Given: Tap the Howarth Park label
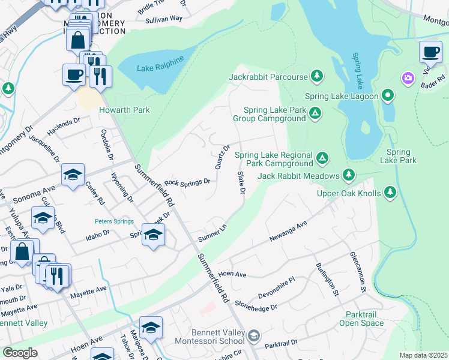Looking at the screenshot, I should (x=125, y=110).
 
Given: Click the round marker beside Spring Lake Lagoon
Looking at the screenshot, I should (x=388, y=95).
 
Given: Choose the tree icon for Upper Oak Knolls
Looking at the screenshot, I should (x=390, y=192).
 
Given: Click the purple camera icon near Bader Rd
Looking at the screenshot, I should (x=408, y=78).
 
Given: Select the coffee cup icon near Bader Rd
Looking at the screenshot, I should (x=430, y=52).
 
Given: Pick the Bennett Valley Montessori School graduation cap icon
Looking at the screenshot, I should (x=254, y=335).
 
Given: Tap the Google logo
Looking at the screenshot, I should (x=20, y=353).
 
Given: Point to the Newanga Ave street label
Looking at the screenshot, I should (x=288, y=231).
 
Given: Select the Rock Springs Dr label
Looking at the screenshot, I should (x=187, y=181).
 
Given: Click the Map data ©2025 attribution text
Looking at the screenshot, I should (x=423, y=355).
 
